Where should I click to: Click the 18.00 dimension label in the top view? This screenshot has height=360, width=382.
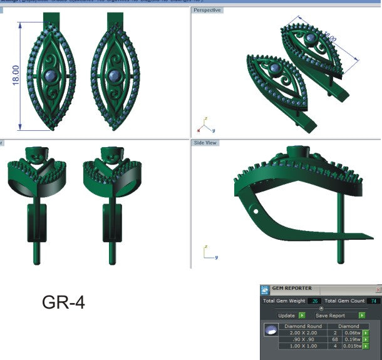pos(16,76)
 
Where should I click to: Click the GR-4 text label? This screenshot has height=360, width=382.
pos(63,302)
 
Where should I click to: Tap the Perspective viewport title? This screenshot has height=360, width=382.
pos(207,10)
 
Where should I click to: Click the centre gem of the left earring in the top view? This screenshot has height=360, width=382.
pos(50,76)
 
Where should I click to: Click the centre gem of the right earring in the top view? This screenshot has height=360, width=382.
pos(113,76)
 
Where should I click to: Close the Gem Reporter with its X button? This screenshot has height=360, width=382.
pos(378,290)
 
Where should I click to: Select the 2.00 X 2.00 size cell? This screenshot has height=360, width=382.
pos(303,333)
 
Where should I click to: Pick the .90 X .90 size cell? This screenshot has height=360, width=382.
pos(303,340)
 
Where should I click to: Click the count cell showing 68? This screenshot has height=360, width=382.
pos(334,340)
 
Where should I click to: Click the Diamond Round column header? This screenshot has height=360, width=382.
pos(303,326)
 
